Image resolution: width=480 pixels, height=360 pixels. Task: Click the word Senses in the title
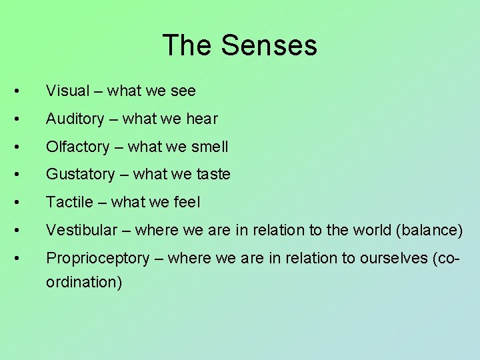(269, 46)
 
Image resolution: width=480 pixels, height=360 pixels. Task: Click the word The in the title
(187, 46)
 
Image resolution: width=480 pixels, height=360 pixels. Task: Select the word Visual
(67, 90)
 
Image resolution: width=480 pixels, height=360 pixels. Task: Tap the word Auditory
(75, 119)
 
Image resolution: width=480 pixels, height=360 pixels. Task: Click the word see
(182, 90)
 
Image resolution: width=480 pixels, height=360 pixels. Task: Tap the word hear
(202, 119)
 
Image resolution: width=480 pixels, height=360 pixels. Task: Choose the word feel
(186, 202)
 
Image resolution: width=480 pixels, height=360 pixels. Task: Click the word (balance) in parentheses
(429, 230)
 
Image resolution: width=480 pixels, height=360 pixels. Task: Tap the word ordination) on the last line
(84, 282)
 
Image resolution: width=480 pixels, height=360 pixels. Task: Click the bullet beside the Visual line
(23, 91)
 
